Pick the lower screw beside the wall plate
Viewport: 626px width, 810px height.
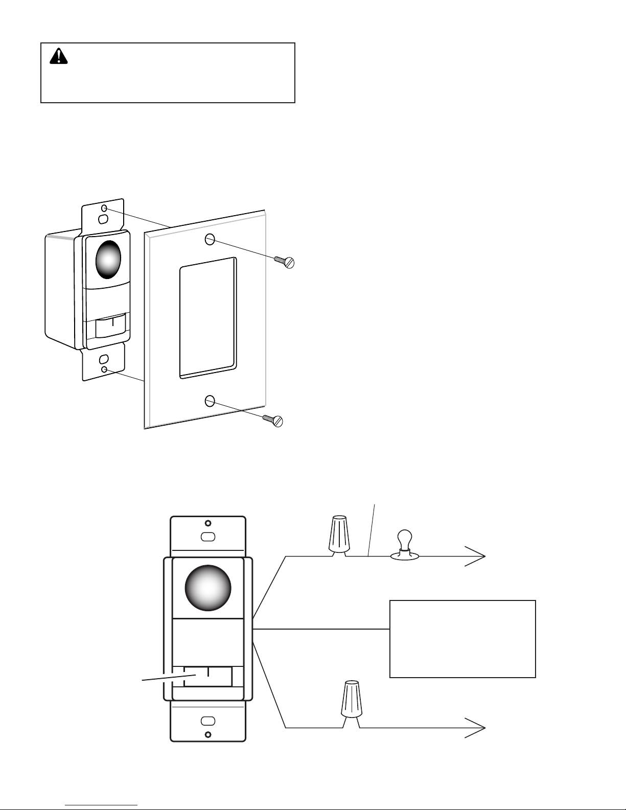click(x=273, y=420)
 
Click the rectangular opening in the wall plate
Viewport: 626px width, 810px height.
click(x=208, y=317)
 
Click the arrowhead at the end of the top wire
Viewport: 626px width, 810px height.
click(x=476, y=556)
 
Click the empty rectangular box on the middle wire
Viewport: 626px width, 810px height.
click(x=462, y=639)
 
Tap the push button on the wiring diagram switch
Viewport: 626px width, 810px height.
click(x=208, y=676)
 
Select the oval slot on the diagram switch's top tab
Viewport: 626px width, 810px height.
click(x=207, y=537)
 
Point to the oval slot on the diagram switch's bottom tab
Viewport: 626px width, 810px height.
click(x=207, y=721)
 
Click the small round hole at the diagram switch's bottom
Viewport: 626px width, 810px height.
click(x=207, y=735)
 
